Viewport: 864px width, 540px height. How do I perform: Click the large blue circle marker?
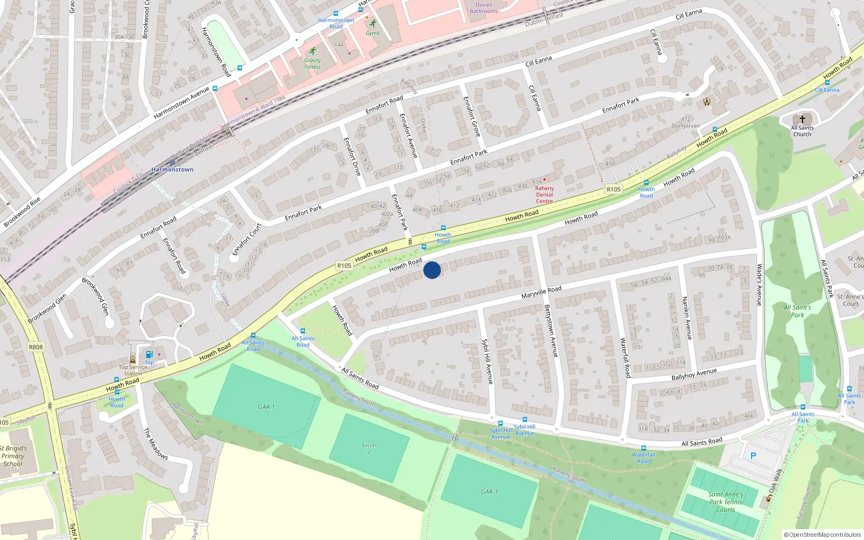432,270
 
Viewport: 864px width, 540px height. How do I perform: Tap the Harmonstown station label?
172,170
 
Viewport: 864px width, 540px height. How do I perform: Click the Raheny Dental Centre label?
544,194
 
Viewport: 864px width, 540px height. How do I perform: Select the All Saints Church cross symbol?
802,119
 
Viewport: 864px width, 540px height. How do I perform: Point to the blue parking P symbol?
753,456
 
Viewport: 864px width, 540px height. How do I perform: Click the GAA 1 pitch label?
266,407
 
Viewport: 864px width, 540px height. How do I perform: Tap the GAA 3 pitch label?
489,491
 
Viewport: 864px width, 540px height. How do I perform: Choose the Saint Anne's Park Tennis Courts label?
725,502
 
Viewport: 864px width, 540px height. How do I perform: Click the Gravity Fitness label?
312,64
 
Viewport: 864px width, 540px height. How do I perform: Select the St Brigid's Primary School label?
13,456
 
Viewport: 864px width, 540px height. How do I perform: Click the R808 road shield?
36,347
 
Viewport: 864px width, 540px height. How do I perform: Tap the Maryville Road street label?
541,292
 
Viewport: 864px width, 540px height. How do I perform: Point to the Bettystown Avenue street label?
551,330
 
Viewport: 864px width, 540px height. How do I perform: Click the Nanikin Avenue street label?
687,318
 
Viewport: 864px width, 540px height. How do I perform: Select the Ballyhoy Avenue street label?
694,374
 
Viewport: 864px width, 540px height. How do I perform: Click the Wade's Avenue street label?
759,285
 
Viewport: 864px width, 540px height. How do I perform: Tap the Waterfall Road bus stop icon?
644,448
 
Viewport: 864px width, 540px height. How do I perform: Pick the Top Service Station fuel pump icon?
149,354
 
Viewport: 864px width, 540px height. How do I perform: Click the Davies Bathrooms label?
484,8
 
